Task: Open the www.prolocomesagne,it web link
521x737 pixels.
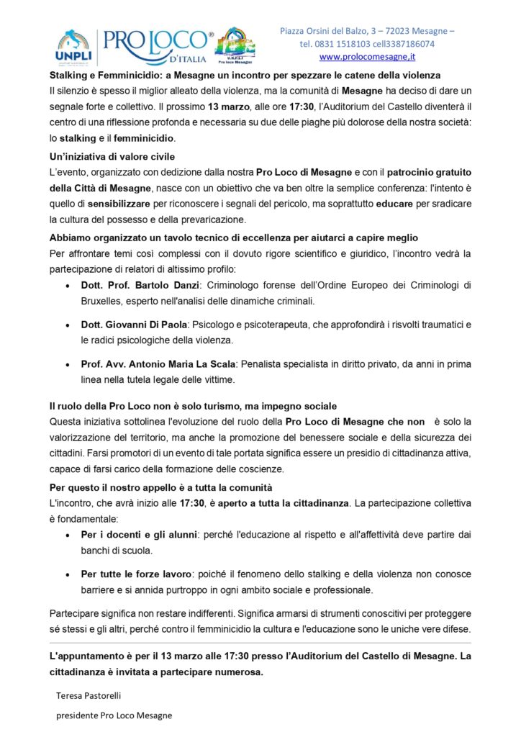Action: click(x=367, y=56)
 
